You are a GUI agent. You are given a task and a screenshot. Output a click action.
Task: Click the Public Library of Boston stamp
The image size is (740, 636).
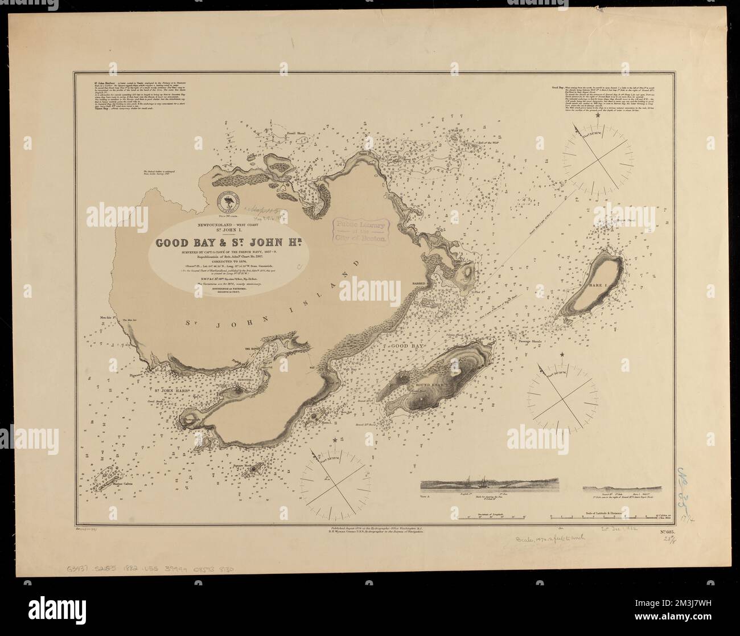tap(361, 232)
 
